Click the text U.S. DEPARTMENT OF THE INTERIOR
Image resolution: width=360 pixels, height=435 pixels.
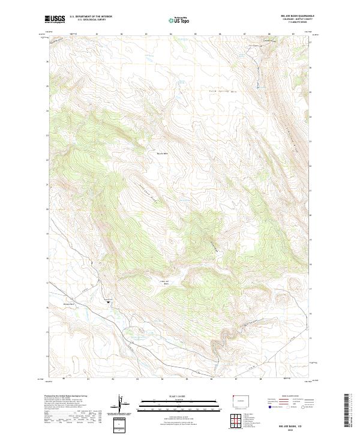pyautogui.click(x=90, y=17)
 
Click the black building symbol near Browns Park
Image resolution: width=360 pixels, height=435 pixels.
pyautogui.click(x=109, y=302)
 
